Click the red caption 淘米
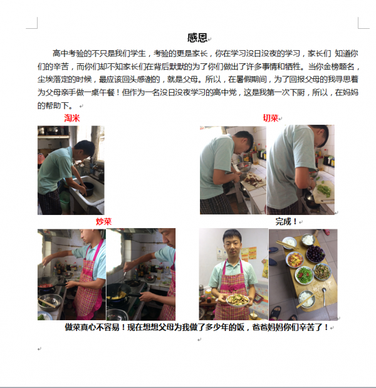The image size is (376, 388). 71,118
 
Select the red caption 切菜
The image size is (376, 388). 270,118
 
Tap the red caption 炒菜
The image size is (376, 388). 103,221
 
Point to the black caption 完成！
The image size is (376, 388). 286,221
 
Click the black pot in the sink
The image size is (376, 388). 88,187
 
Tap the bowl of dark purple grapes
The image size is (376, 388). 316,254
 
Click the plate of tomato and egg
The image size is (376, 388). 294,259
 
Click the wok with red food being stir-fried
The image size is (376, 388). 46,289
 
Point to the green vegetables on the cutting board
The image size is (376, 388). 323,189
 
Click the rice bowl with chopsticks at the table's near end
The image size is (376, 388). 305,298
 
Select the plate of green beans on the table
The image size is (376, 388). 303,275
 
